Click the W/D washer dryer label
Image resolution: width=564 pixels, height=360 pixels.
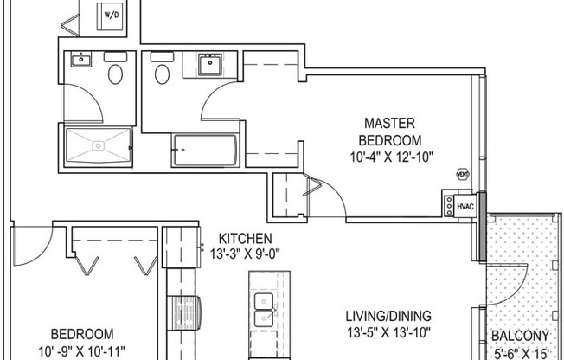pos(112,16)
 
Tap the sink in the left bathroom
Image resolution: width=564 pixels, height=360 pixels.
pos(80,60)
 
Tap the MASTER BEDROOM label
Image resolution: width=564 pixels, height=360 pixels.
pos(393,132)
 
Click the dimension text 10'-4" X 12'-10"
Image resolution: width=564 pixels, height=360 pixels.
pos(393,157)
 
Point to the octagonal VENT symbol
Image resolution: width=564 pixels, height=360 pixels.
pos(462,174)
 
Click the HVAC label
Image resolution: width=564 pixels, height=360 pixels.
pos(465,207)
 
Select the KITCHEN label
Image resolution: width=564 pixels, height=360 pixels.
pos(245,239)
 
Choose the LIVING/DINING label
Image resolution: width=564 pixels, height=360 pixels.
pos(388,316)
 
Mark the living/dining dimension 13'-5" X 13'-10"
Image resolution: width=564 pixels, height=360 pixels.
pos(388,332)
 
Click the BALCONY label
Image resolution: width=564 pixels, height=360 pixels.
pos(520,337)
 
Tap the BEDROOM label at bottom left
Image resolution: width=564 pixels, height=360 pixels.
pos(82,334)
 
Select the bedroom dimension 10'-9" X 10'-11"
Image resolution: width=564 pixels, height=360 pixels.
pos(81,351)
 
